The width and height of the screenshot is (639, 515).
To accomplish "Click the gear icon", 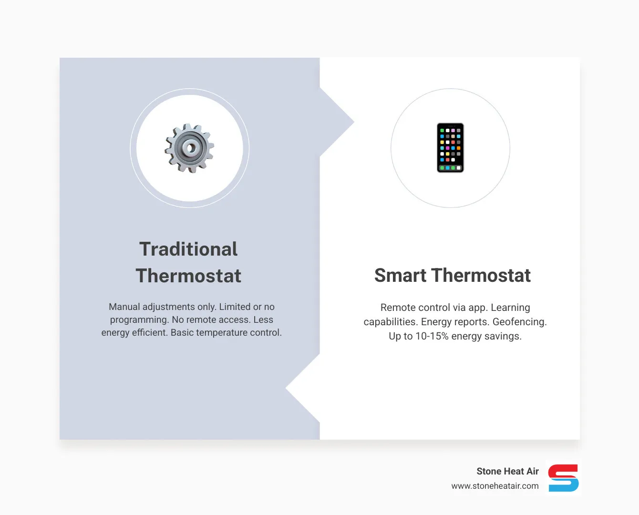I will pyautogui.click(x=189, y=148).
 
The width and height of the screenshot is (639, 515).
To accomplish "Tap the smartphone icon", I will pyautogui.click(x=450, y=148).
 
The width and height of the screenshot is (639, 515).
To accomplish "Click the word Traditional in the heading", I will pyautogui.click(x=188, y=249).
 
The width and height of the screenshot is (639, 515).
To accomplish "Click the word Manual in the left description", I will pyautogui.click(x=124, y=307).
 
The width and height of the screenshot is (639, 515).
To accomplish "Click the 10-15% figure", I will pyautogui.click(x=432, y=336).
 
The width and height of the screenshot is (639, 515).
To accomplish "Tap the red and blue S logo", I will pyautogui.click(x=563, y=478).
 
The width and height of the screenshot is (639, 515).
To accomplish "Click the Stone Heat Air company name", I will pyautogui.click(x=507, y=471).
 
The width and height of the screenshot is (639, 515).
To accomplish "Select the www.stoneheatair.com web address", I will pyautogui.click(x=495, y=486).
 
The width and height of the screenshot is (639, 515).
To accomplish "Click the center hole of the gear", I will pyautogui.click(x=191, y=147).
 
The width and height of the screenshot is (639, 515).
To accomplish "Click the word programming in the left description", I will pyautogui.click(x=139, y=319).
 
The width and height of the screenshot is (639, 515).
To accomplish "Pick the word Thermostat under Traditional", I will pyautogui.click(x=188, y=276).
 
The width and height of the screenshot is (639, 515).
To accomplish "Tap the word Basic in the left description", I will pyautogui.click(x=182, y=332).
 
